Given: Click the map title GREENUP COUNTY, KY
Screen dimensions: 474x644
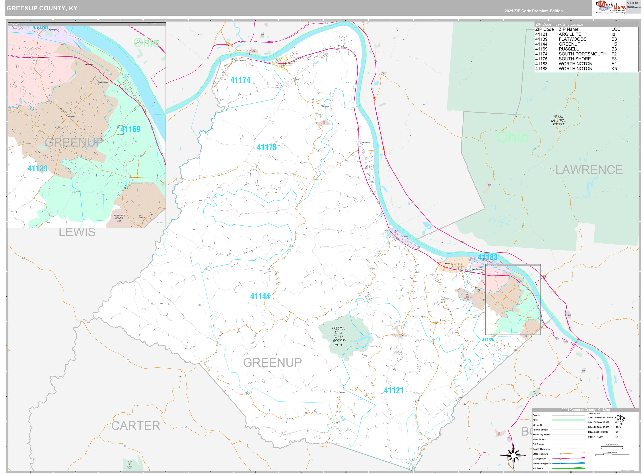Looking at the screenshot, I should (x=42, y=8).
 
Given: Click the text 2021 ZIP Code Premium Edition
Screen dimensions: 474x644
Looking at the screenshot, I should (x=533, y=11).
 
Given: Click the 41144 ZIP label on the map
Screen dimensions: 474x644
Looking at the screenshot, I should (x=260, y=296).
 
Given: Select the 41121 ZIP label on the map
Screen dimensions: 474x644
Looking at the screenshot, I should (x=393, y=391).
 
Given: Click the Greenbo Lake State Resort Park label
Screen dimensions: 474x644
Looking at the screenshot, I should (x=338, y=337).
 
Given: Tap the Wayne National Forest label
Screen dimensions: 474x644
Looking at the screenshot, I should (x=558, y=121).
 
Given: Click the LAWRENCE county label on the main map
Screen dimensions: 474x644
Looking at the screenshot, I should (x=589, y=170).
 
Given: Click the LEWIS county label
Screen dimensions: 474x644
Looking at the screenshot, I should (x=77, y=232).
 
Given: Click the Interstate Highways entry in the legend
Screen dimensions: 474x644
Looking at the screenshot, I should (x=542, y=463).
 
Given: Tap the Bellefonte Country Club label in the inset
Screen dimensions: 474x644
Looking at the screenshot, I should (x=119, y=218).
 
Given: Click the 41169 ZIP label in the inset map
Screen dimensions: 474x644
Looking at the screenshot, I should (x=130, y=129).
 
